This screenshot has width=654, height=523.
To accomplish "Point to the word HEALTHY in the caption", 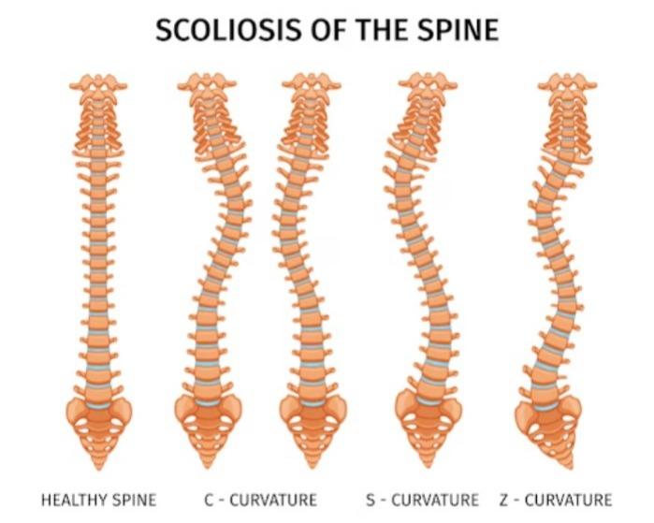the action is point(73,500).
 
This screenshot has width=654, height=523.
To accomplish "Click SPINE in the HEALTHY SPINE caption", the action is point(133,500).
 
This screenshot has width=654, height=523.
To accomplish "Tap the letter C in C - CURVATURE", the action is point(209,500).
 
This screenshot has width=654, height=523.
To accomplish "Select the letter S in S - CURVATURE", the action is point(371,500).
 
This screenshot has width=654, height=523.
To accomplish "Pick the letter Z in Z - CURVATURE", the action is point(504,500).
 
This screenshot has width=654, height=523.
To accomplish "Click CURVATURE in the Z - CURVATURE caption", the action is point(568,500).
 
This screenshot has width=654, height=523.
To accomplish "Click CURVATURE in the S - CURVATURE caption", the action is point(435,500).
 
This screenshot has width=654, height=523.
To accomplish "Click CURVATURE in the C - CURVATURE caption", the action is point(273,500).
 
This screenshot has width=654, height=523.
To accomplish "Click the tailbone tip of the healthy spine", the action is point(99,469).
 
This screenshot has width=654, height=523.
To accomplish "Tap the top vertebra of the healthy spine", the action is point(98,83).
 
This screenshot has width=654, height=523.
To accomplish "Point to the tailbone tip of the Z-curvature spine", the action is point(570,466).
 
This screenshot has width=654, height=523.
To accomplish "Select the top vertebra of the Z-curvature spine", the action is point(567,82).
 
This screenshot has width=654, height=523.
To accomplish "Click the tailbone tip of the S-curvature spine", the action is point(428,465).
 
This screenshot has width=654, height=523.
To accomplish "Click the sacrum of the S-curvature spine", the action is point(428,430).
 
